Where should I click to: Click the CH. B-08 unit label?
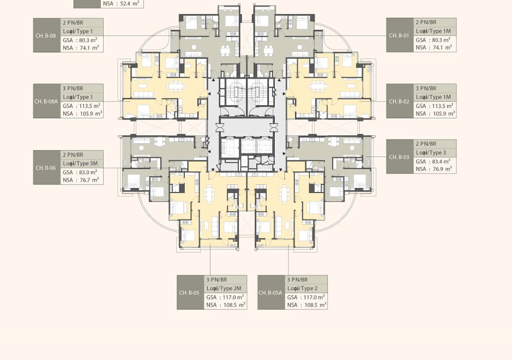coord(46,35)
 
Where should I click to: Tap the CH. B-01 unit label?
coord(399,35)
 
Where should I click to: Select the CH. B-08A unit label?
coord(46,101)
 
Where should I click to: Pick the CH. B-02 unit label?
coord(399,101)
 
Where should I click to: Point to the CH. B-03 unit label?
coord(399,157)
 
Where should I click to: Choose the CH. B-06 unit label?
coord(46,167)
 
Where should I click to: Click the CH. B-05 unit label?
coord(189,292)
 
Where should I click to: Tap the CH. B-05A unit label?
coord(270,292)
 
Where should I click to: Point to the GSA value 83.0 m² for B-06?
coord(88,172)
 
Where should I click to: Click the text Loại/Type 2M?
coord(224,289)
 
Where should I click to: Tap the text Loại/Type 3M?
coord(80,164)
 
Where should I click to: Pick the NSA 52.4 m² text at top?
coord(121,4)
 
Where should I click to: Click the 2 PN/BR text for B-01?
coord(426,22)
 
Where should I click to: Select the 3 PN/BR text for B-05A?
coord(298,280)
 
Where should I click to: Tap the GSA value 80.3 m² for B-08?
coord(88,40)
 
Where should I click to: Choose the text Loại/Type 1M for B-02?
coord(433,97)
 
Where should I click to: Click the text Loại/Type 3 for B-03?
coord(431,153)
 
